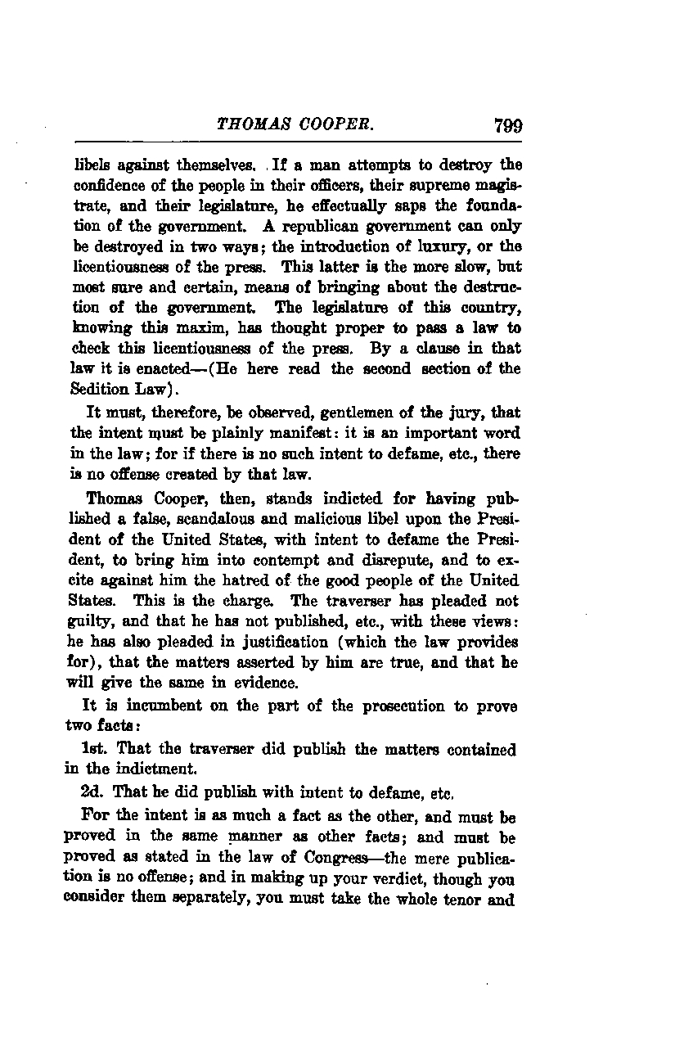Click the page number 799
507,126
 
